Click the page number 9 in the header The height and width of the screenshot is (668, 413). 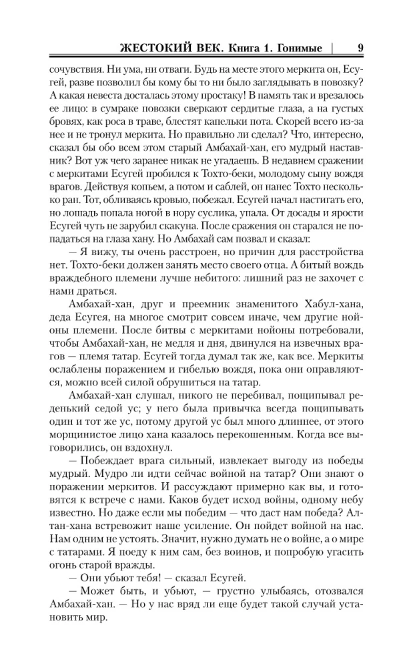(x=360, y=47)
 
